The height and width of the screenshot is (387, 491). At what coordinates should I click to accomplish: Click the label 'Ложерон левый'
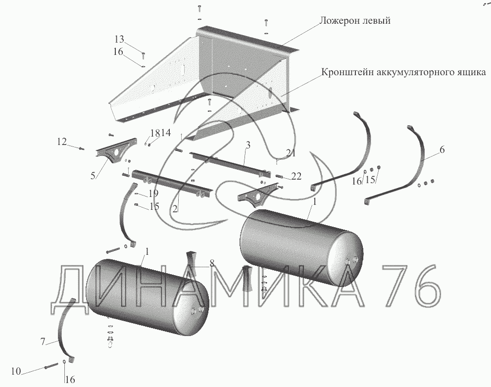[355, 21]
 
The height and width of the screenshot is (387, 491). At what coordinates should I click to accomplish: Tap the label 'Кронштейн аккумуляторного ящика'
[403, 73]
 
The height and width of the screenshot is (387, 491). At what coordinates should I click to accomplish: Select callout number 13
[119, 40]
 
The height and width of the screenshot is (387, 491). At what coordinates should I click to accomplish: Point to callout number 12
[62, 142]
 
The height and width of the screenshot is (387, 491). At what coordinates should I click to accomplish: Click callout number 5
[93, 176]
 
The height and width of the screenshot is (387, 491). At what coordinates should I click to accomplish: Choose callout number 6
[442, 149]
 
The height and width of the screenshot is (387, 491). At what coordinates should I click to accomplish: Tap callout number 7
[43, 341]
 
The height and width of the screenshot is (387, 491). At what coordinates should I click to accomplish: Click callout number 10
[16, 371]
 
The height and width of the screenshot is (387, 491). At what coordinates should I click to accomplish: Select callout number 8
[212, 264]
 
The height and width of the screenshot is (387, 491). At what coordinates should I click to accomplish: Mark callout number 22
[296, 177]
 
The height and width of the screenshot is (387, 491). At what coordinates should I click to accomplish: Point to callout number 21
[291, 153]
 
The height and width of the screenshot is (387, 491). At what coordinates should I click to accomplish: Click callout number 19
[153, 193]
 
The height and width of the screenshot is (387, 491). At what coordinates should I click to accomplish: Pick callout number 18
[155, 133]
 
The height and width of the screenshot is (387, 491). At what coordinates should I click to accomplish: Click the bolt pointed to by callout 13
[144, 56]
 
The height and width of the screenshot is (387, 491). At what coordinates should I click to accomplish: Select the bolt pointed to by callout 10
[51, 365]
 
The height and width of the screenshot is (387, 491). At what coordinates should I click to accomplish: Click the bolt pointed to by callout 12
[81, 149]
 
